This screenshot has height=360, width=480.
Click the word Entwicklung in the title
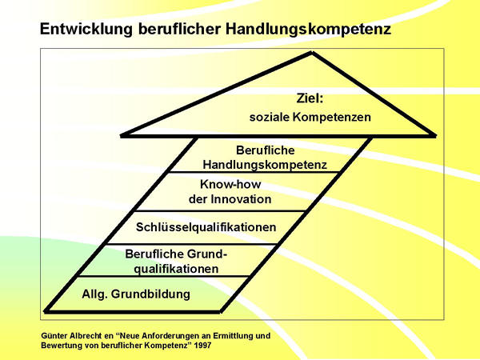pyautogui.click(x=86, y=30)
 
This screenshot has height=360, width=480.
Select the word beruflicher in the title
pyautogui.click(x=179, y=29)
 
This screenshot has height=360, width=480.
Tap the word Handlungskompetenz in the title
pyautogui.click(x=309, y=30)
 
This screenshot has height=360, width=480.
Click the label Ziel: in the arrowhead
pyautogui.click(x=310, y=98)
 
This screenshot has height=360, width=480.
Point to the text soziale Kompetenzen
pyautogui.click(x=310, y=117)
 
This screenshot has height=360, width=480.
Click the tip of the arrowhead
pyautogui.click(x=312, y=53)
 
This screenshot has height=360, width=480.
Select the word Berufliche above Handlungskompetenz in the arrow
pyautogui.click(x=266, y=150)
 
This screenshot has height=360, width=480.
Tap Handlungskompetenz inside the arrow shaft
pyautogui.click(x=265, y=165)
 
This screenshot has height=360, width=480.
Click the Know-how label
pyautogui.click(x=230, y=184)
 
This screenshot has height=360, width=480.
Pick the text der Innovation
pyautogui.click(x=230, y=199)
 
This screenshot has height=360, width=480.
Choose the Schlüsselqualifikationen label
pyautogui.click(x=206, y=227)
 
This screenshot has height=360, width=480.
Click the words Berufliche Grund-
pyautogui.click(x=176, y=254)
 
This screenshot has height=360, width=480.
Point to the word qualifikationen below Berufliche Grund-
pyautogui.click(x=176, y=269)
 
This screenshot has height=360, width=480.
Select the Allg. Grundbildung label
pyautogui.click(x=136, y=294)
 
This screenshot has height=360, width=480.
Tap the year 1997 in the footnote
pyautogui.click(x=202, y=346)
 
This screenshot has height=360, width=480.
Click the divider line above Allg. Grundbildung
pyautogui.click(x=163, y=277)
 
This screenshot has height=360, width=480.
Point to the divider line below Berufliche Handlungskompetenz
pyautogui.click(x=254, y=172)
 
